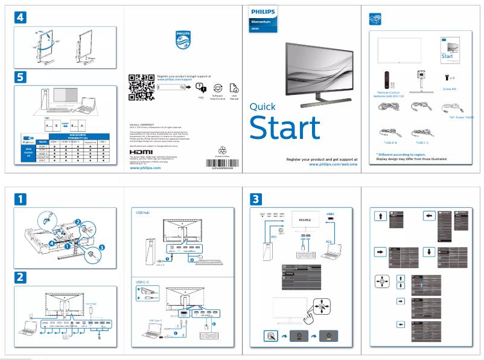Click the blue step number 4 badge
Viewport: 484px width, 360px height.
pos(21,18)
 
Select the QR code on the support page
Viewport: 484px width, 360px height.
pos(141,88)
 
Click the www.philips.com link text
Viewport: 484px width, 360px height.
pos(145,169)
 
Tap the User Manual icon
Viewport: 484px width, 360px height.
pos(234,88)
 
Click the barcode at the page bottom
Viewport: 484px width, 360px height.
pos(221,163)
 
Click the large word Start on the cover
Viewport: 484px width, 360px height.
pos(284,129)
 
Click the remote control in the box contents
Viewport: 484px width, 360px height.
pos(384,79)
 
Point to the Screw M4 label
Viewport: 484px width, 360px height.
pos(450,89)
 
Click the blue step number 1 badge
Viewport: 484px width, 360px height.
pos(21,198)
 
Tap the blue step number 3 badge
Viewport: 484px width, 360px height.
pos(256,198)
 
